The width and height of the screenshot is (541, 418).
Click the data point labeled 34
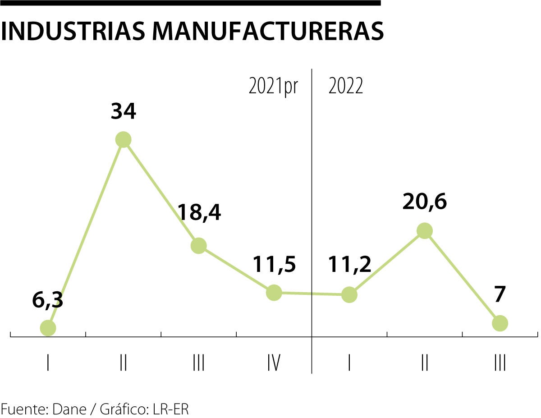point(123,140)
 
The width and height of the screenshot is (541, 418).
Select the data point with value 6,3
point(48,328)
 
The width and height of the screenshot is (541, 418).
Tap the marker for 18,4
point(198,246)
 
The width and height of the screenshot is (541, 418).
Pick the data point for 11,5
point(274,293)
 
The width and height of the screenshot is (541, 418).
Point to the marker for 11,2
point(349,294)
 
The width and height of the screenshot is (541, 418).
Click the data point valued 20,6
point(424,231)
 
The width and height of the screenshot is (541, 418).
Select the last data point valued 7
point(500,323)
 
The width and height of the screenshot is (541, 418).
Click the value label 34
point(123,111)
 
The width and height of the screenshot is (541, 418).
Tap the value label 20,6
point(424,202)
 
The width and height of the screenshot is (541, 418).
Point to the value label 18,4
point(199,212)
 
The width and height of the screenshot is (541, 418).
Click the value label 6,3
point(47,300)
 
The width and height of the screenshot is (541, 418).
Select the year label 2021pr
point(273,86)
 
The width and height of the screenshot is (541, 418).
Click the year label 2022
point(345,86)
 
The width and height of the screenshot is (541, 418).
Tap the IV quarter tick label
point(274,363)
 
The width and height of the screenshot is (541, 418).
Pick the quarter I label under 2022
point(349,363)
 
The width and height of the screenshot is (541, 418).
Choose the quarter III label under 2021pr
point(198,363)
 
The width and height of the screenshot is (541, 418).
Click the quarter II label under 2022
point(424,363)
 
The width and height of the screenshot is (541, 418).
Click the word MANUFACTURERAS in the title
point(267,30)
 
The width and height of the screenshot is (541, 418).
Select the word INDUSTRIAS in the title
point(73,30)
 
